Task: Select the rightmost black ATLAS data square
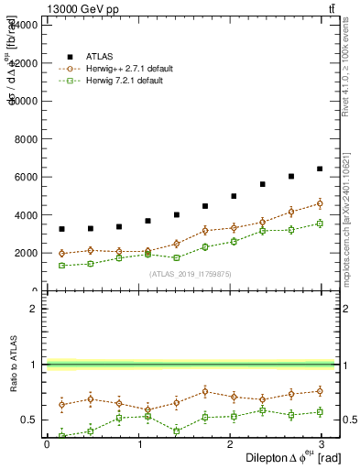click(320, 169)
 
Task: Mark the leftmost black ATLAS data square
click(61, 229)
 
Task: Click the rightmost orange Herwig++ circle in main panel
click(320, 203)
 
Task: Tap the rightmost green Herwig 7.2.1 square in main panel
click(320, 224)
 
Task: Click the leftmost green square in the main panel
click(61, 266)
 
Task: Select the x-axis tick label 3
click(325, 443)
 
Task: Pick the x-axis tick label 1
click(139, 443)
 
